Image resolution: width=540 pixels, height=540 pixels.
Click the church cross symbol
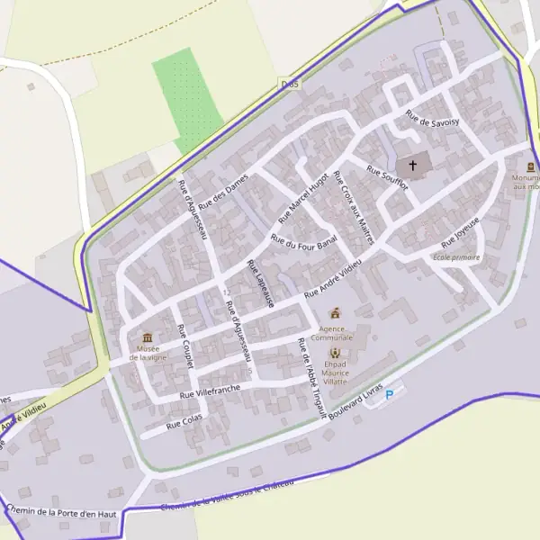coord(413,166)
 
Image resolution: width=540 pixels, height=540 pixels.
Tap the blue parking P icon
coord(390,394)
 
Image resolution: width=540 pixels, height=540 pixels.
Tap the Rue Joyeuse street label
coord(461,233)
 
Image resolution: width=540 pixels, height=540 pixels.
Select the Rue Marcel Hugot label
coord(305,197)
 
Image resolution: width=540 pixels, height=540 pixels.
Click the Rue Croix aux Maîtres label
coord(353,201)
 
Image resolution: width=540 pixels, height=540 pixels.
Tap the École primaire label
coord(456,257)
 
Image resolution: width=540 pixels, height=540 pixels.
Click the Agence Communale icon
coord(337,313)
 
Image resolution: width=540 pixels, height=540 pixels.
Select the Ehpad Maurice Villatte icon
coord(336,353)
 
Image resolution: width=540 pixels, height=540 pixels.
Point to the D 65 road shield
coord(288,82)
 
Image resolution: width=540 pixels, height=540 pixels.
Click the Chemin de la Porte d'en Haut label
coord(61,511)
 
